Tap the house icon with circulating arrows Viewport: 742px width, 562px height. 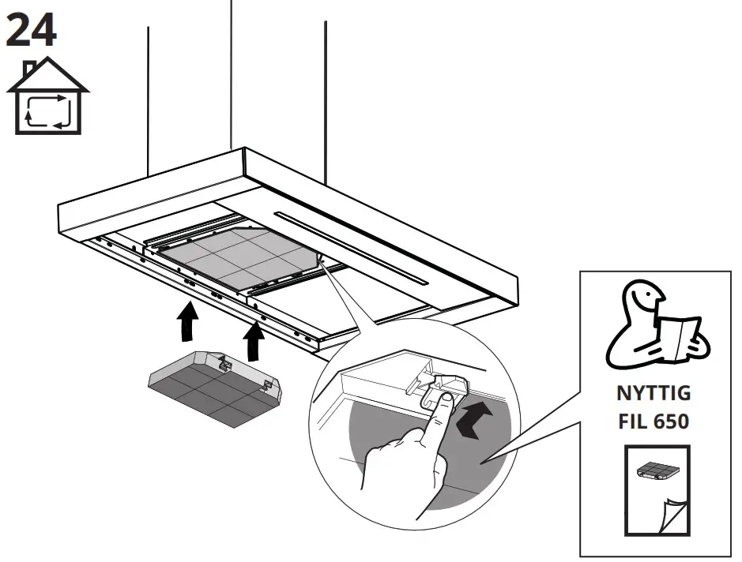(47, 98)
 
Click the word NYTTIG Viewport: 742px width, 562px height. (653, 393)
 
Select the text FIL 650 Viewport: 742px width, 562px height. (653, 421)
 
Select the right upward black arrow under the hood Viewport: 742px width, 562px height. (254, 341)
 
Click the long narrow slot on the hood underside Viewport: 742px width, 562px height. (352, 247)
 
